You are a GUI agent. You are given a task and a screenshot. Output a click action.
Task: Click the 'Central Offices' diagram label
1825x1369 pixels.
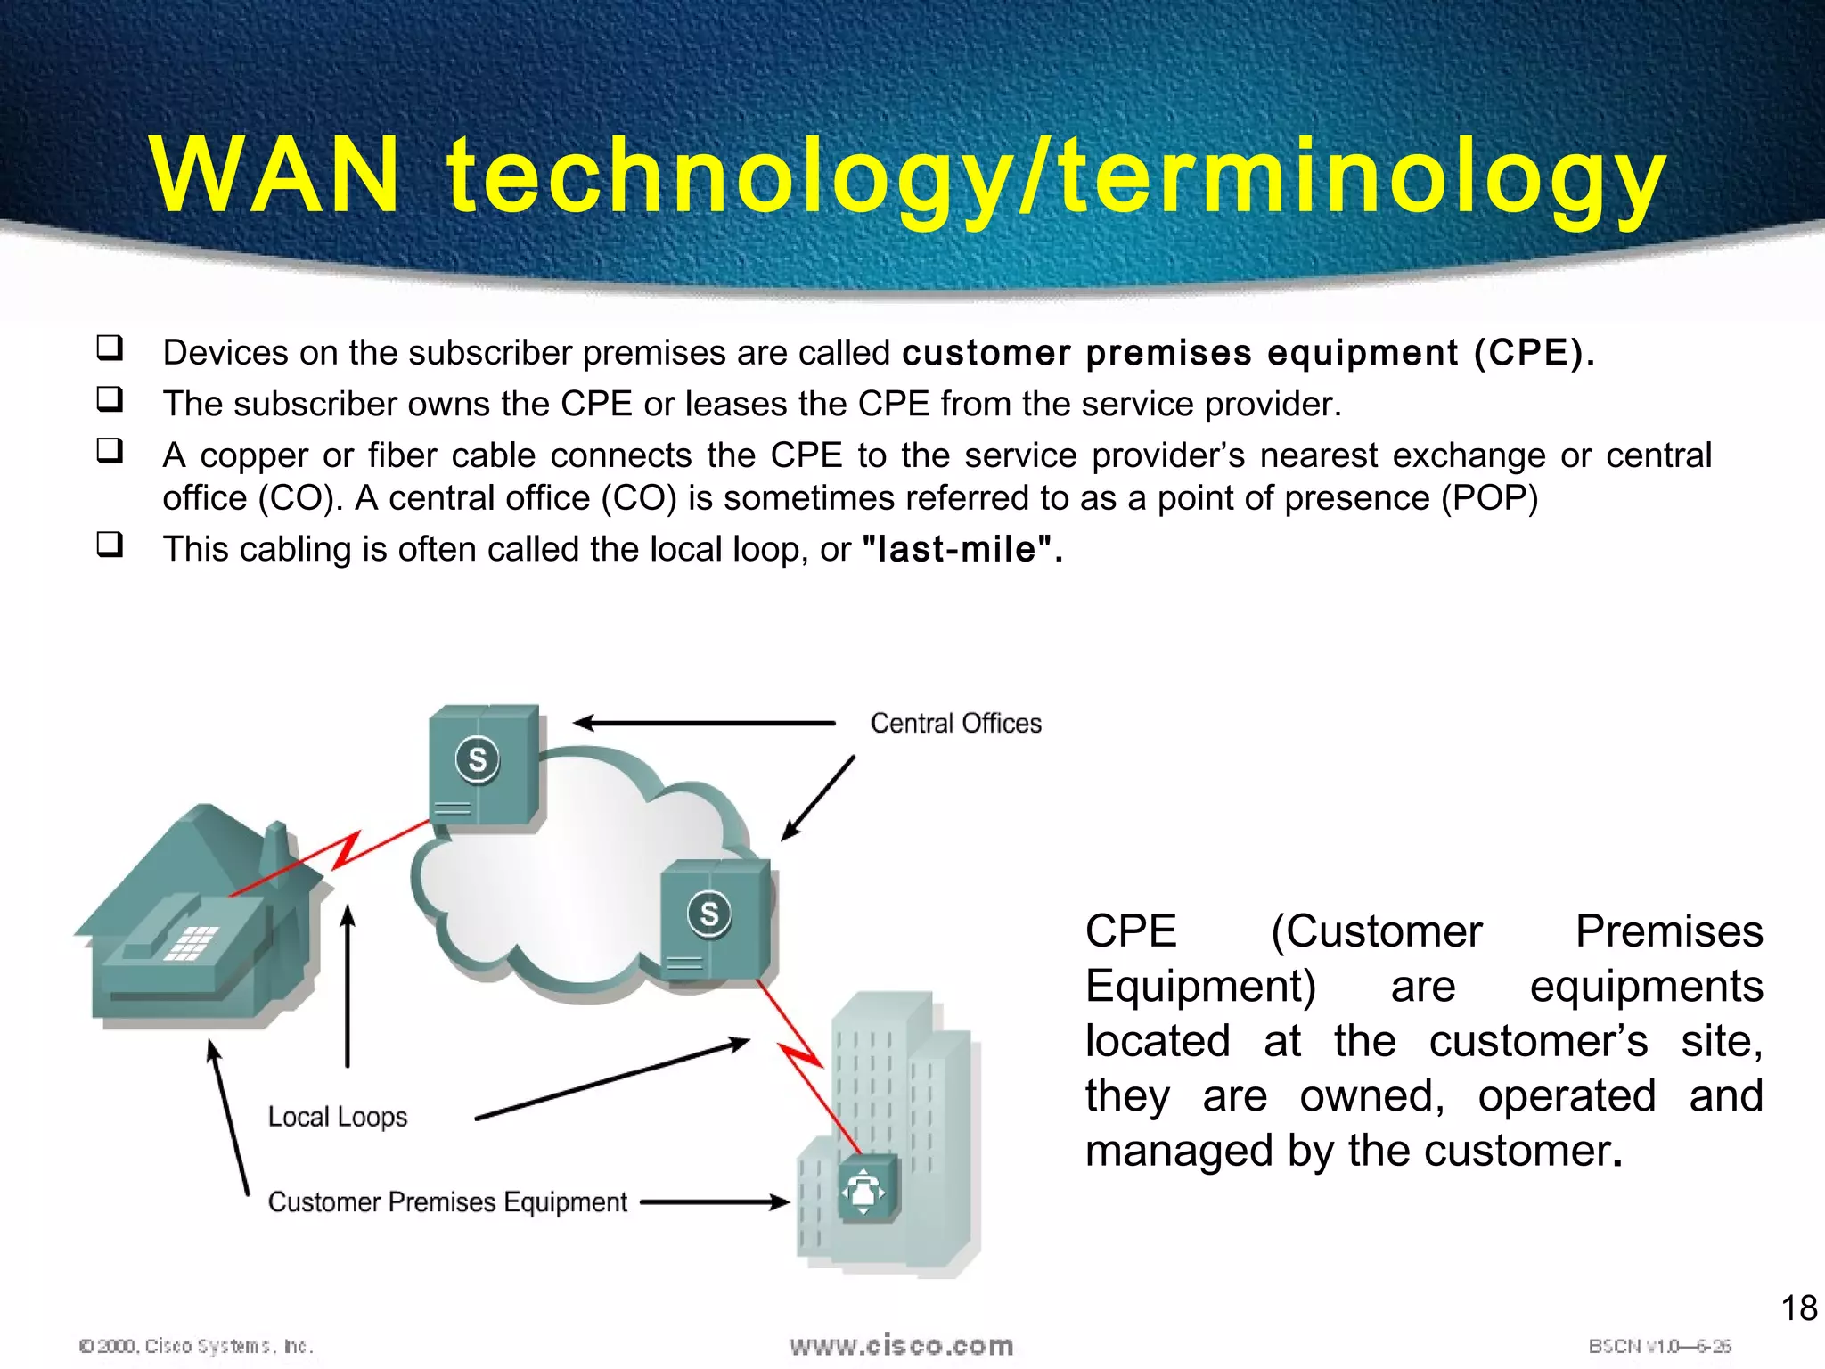click(x=955, y=723)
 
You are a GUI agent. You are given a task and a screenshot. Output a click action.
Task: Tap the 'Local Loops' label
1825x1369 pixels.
click(x=337, y=1117)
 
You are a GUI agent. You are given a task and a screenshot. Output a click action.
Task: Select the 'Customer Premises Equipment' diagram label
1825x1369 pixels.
click(x=447, y=1202)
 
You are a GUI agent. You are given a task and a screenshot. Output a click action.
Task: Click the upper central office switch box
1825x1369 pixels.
click(x=484, y=765)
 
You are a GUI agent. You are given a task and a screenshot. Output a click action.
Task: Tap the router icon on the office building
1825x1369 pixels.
click(x=867, y=1189)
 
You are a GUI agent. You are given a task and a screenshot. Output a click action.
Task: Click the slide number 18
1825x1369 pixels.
click(x=1798, y=1308)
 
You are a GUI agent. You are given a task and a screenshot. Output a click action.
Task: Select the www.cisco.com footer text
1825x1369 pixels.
click(x=901, y=1346)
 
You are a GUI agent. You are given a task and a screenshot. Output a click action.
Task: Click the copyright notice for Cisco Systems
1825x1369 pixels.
click(x=196, y=1346)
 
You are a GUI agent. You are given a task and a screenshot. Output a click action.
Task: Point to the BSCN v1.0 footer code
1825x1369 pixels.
click(x=1659, y=1346)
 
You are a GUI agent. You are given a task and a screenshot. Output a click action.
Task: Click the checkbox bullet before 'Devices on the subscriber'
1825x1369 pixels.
click(x=110, y=348)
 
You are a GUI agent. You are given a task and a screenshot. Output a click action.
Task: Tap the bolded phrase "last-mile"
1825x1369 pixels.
click(x=958, y=550)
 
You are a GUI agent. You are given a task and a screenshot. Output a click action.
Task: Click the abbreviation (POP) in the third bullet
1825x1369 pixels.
click(x=1490, y=498)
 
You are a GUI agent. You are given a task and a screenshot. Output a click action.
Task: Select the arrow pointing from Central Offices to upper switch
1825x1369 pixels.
click(x=704, y=723)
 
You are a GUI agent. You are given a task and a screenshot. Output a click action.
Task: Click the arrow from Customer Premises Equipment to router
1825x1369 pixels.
click(x=715, y=1202)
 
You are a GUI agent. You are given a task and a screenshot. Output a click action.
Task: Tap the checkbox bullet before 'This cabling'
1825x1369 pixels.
click(x=110, y=545)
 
